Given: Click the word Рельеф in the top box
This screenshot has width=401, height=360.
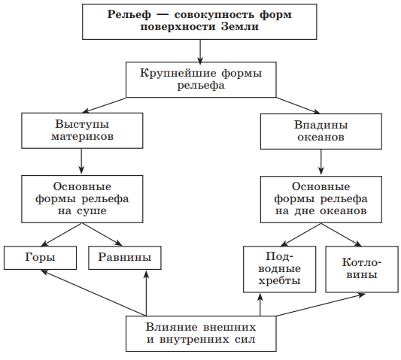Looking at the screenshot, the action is (x=129, y=14).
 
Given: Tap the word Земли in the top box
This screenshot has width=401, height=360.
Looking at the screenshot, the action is (x=240, y=26).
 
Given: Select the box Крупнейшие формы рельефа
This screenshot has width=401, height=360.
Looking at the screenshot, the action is (x=201, y=80).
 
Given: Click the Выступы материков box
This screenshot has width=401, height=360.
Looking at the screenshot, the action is (x=82, y=131).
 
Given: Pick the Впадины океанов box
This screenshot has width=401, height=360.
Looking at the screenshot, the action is (x=321, y=132).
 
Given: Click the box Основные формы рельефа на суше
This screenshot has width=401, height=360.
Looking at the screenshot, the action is (x=82, y=199).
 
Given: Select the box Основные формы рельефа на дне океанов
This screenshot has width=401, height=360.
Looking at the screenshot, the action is (x=321, y=199).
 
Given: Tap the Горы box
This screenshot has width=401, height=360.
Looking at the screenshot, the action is (x=40, y=258).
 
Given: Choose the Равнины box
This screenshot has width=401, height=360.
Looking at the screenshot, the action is (x=125, y=258).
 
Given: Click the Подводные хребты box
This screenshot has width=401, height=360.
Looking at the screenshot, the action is (x=280, y=269).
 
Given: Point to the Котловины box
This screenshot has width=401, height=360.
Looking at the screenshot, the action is (x=362, y=269).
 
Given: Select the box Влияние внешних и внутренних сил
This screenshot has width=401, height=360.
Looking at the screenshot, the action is (x=201, y=334).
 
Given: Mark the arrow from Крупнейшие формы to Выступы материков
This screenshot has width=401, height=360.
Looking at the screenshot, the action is (x=104, y=105).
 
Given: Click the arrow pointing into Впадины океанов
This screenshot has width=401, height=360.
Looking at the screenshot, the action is (x=298, y=105).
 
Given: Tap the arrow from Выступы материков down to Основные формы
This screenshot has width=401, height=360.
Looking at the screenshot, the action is (x=81, y=162).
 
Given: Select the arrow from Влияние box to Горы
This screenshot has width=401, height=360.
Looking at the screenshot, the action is (x=93, y=293).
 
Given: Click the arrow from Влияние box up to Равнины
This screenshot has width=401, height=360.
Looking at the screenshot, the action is (x=146, y=293).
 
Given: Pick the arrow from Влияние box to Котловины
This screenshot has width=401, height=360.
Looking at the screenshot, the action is (x=320, y=305).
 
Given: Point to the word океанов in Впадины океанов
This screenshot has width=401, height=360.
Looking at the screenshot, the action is (x=320, y=138).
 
